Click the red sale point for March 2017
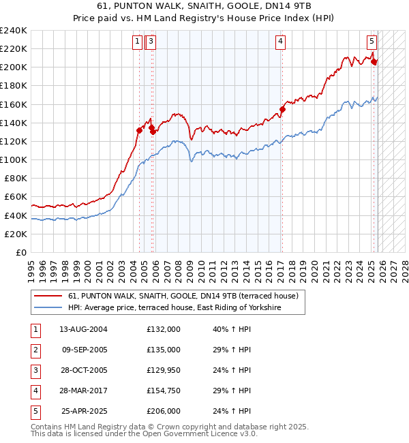282,109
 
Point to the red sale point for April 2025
374,61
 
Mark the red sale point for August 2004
140,130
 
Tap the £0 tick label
20,252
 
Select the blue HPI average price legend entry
175,308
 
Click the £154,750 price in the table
164,391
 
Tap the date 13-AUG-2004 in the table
83,329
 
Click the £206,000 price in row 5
164,412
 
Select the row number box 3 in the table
35,371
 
